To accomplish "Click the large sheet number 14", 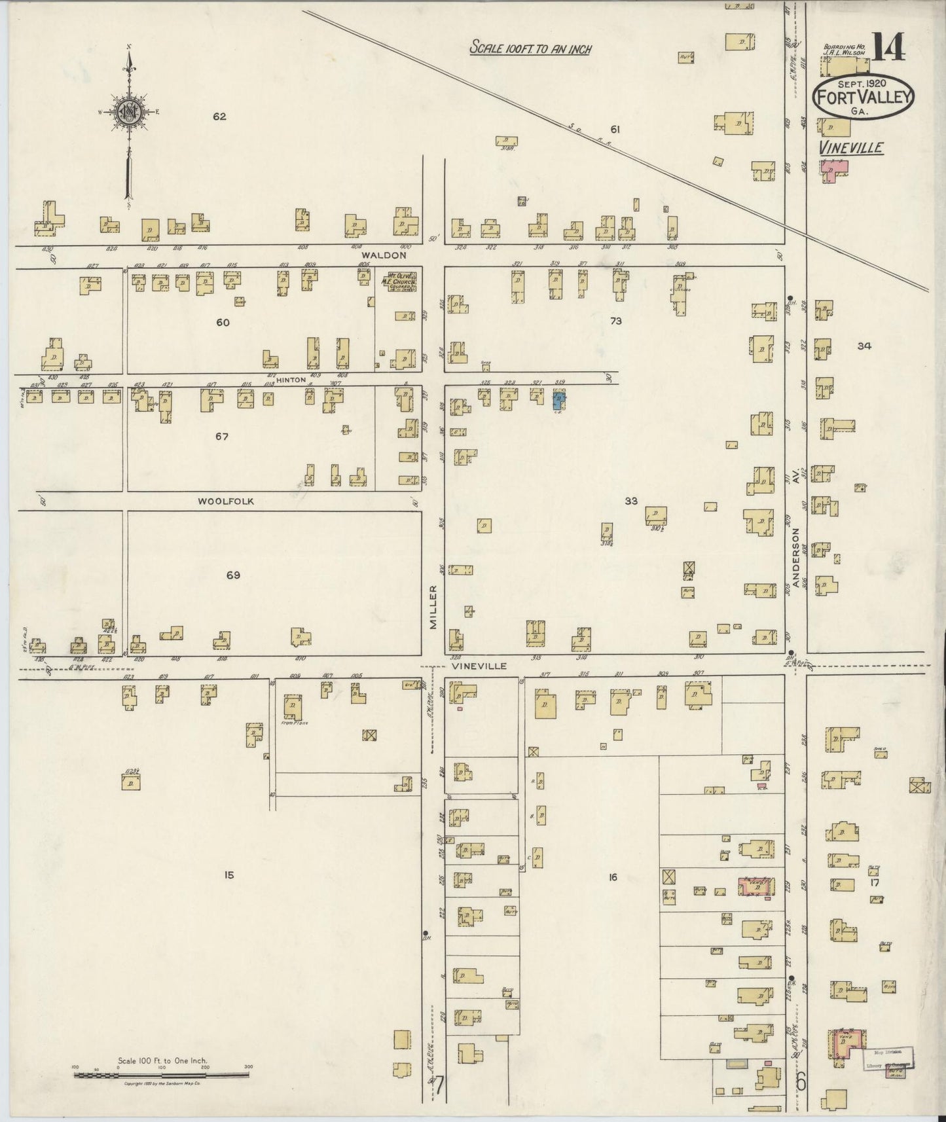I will (x=887, y=47).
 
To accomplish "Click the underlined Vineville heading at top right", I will (x=850, y=147).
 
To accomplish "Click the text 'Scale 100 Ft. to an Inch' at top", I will (x=530, y=48).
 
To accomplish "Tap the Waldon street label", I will (x=390, y=255).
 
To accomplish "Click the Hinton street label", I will (x=286, y=380).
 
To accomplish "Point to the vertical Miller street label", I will (x=433, y=607).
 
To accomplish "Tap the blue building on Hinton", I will (x=558, y=400).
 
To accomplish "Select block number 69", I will (x=233, y=575).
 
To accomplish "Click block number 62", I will (x=219, y=117).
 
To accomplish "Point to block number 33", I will (x=630, y=501).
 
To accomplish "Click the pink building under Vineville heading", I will (x=834, y=170).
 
